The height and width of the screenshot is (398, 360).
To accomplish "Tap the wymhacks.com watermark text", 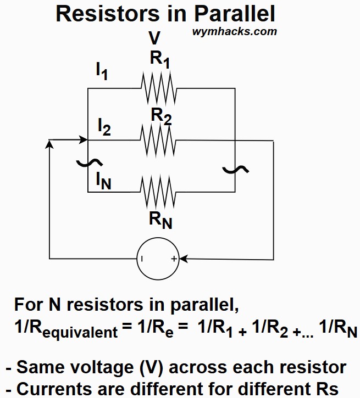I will click(x=235, y=31).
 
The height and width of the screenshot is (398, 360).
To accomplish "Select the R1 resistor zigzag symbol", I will click(x=158, y=88).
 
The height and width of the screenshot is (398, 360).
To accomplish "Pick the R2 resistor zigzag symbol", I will click(x=158, y=140).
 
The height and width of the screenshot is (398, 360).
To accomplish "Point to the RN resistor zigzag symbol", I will click(x=158, y=192).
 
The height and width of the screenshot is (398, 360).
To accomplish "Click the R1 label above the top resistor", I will click(x=160, y=59).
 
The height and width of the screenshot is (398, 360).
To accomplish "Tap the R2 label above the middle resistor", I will click(x=161, y=116).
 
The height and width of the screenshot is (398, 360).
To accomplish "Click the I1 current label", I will click(x=102, y=71).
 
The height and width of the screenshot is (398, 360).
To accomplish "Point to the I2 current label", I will click(x=104, y=127).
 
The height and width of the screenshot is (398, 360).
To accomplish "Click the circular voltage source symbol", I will click(x=158, y=258).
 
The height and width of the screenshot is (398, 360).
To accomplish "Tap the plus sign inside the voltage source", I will click(x=173, y=258).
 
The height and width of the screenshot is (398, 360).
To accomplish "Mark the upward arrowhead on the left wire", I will click(x=49, y=143).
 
